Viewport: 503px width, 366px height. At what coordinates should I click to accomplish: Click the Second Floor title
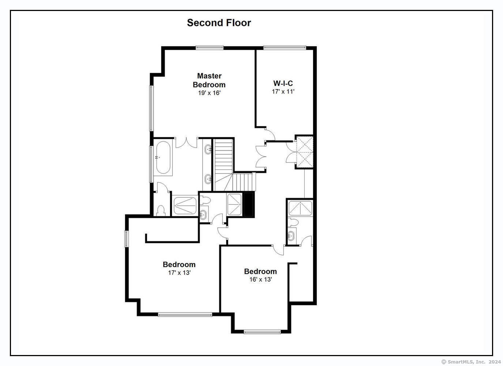pyautogui.click(x=219, y=23)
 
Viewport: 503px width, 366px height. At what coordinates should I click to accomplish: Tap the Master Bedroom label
pyautogui.click(x=209, y=80)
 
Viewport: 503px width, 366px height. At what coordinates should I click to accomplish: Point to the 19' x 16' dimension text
pyautogui.click(x=209, y=93)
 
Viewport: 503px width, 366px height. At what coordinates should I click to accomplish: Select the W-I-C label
pyautogui.click(x=283, y=83)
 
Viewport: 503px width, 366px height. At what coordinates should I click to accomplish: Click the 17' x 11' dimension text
pyautogui.click(x=283, y=91)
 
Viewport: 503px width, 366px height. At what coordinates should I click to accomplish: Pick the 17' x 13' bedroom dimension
pyautogui.click(x=179, y=273)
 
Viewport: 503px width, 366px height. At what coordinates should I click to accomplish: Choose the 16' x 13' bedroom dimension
pyautogui.click(x=261, y=280)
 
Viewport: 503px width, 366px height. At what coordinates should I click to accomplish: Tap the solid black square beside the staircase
pyautogui.click(x=248, y=204)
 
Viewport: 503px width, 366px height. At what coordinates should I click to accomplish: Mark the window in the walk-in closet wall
pyautogui.click(x=285, y=48)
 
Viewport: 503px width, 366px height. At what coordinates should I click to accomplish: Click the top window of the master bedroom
pyautogui.click(x=210, y=48)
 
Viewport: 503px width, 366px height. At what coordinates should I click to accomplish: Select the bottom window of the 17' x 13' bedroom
pyautogui.click(x=185, y=315)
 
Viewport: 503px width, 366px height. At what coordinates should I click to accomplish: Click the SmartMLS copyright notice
pyautogui.click(x=471, y=362)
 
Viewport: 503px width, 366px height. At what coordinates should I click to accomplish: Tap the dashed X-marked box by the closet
pyautogui.click(x=304, y=152)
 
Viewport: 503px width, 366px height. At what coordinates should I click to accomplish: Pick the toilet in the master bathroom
pyautogui.click(x=161, y=211)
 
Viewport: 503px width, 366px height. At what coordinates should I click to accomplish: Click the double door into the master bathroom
pyautogui.click(x=186, y=143)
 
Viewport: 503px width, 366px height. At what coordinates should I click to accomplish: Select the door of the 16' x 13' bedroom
pyautogui.click(x=278, y=250)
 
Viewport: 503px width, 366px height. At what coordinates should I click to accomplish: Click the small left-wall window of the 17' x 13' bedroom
pyautogui.click(x=127, y=239)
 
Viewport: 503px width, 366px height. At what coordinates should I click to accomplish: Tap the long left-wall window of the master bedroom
pyautogui.click(x=151, y=108)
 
